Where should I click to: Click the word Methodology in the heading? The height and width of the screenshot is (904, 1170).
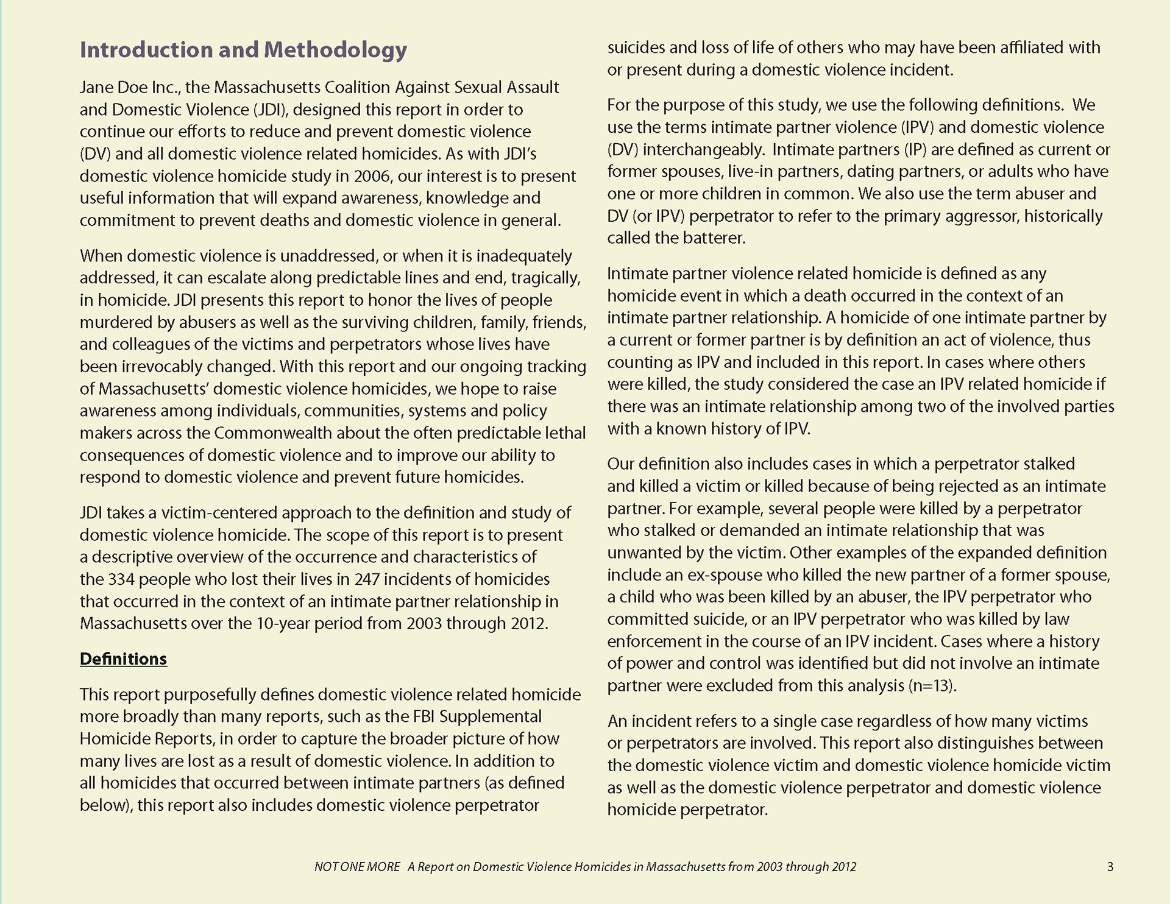point(335,50)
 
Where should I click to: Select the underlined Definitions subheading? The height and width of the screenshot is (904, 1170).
point(123,659)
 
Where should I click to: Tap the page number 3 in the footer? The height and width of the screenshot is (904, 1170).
point(1110,867)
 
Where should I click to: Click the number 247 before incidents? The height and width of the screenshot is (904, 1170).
point(367,579)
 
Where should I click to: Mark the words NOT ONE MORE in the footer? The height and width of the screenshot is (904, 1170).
point(357,867)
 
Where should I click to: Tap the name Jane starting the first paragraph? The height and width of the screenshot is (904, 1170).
point(98,88)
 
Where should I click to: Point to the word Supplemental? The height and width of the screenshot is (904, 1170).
point(490,717)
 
